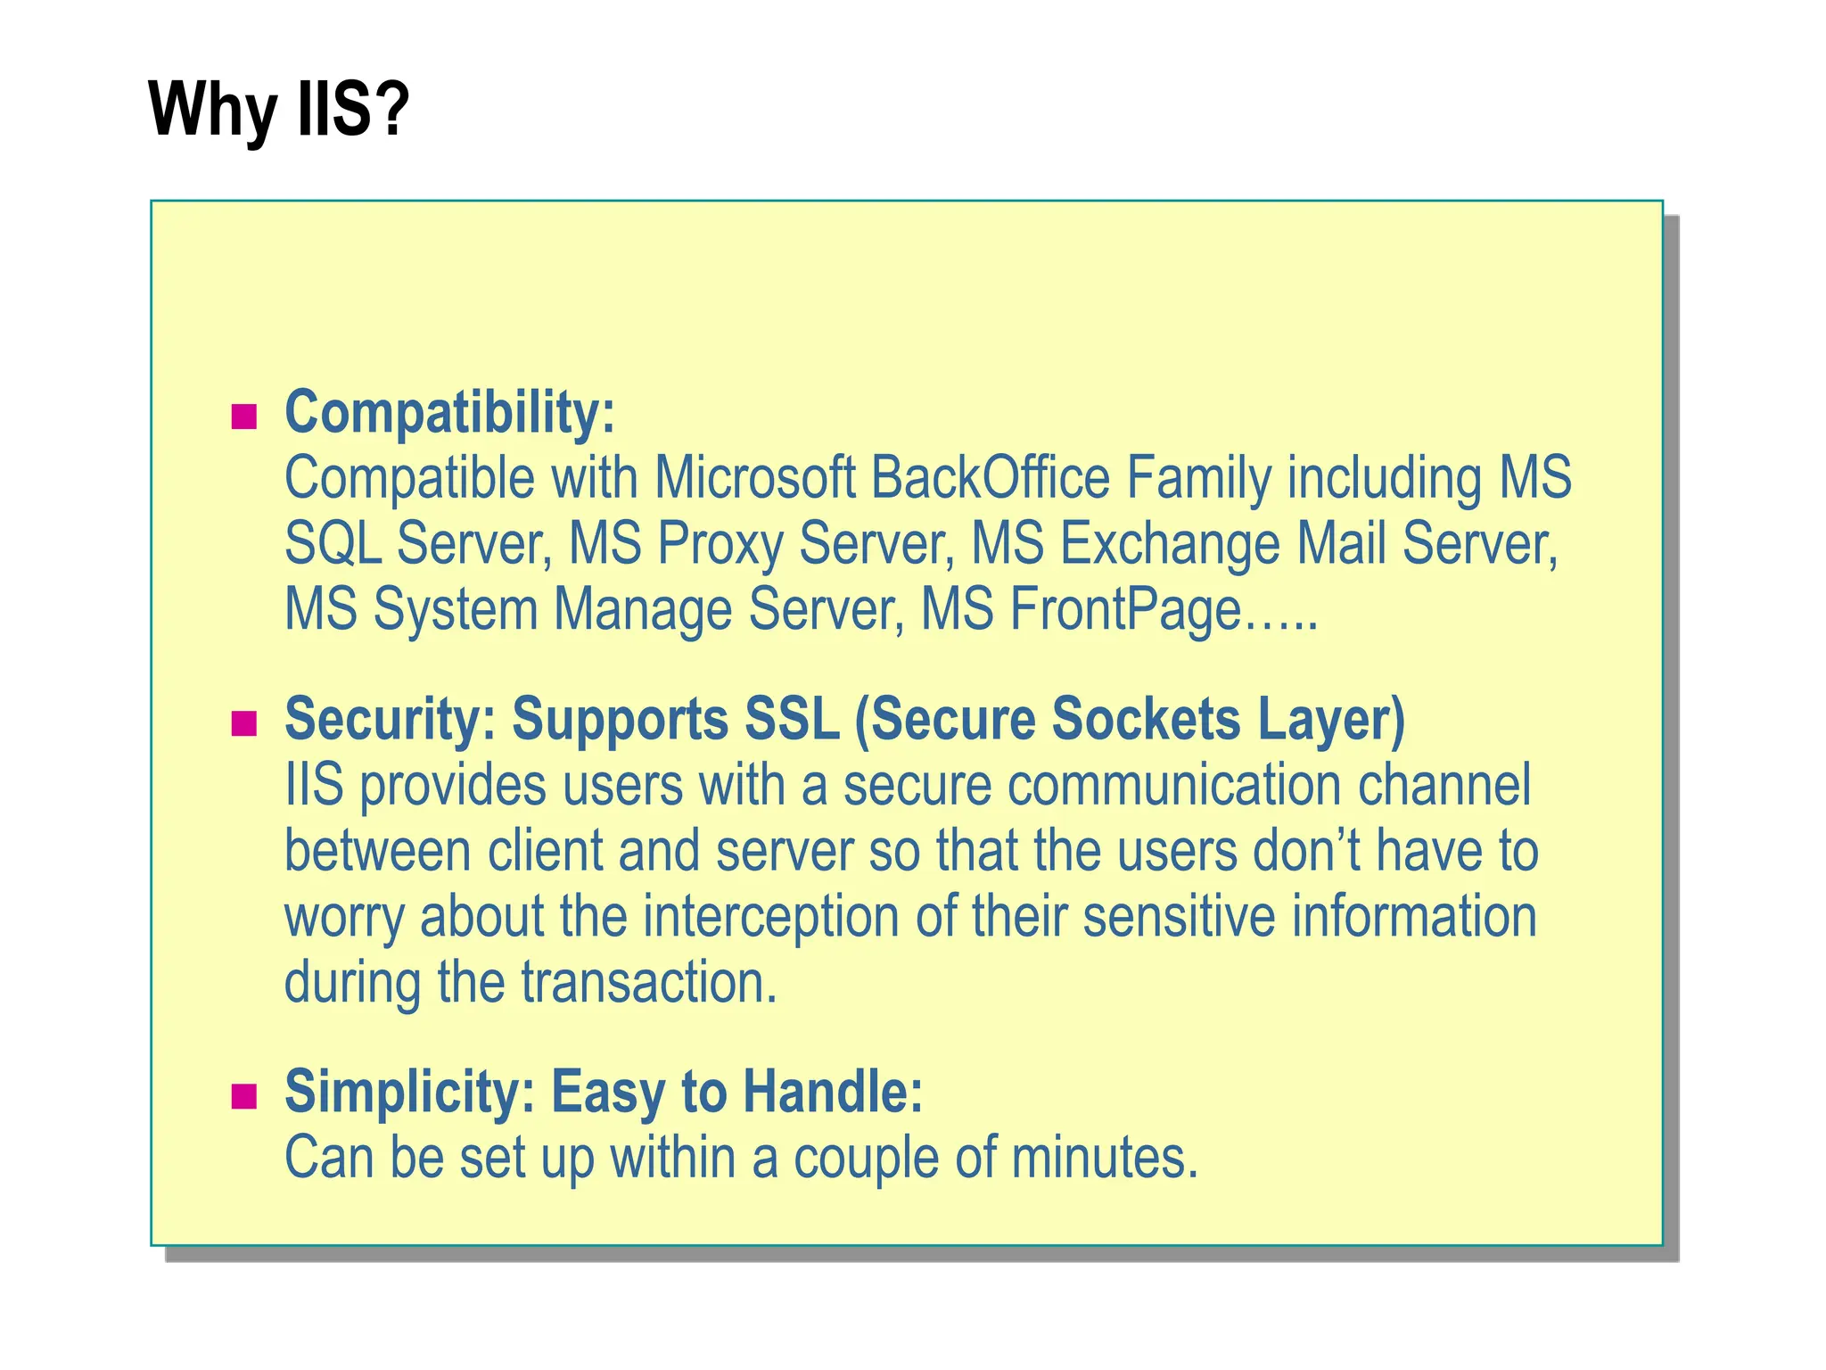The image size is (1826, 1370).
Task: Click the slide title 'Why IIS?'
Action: point(278,110)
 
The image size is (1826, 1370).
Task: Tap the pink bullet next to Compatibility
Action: point(243,417)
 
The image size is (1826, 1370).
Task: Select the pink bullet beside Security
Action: point(243,722)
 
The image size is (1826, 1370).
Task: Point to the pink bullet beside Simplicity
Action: point(243,1095)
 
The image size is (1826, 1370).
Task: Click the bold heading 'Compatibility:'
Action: point(449,413)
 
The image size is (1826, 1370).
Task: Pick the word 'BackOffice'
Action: point(990,478)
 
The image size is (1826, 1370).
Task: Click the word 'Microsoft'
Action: point(754,478)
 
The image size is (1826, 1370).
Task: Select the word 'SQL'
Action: point(332,544)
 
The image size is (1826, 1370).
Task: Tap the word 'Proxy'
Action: point(720,544)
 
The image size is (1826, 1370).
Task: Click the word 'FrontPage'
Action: point(1125,611)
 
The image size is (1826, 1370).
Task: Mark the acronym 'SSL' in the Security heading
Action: point(792,719)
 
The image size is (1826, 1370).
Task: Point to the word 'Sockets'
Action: point(1146,719)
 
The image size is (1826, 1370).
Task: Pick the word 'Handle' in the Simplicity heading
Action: point(825,1092)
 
